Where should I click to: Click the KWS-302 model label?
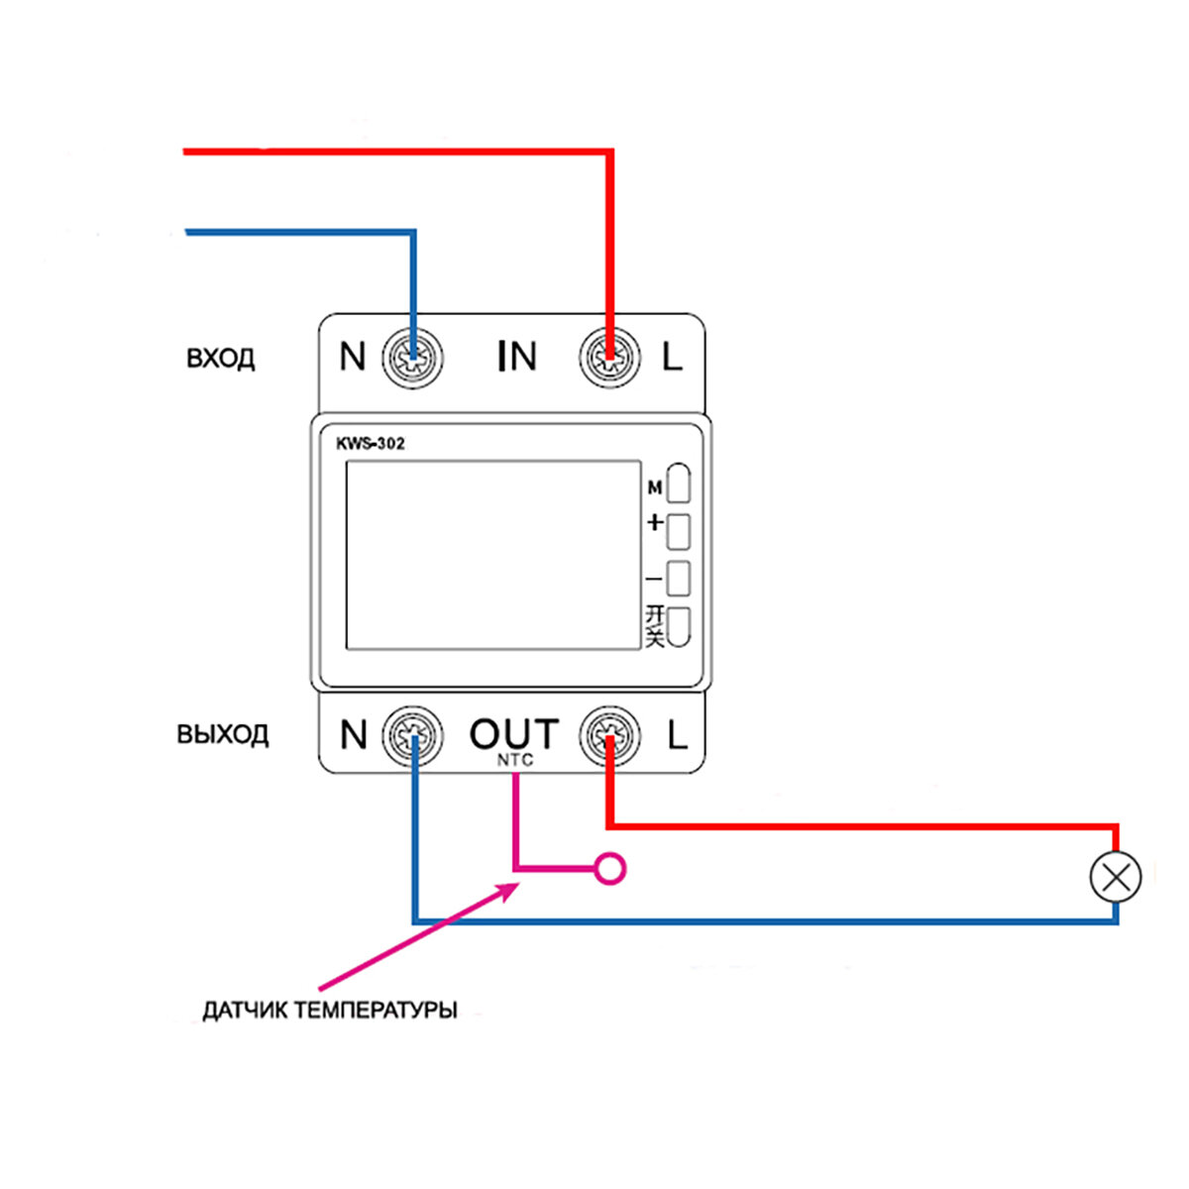coord(371,443)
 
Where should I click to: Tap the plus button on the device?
coord(679,531)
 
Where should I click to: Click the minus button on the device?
coord(679,579)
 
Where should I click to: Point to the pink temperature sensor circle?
coord(610,870)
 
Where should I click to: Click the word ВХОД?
coord(220,358)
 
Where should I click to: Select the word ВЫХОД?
coord(222,735)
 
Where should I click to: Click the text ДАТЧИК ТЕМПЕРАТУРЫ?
coord(330,1012)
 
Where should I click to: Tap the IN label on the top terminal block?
coord(516,357)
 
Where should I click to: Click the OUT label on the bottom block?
coord(513,734)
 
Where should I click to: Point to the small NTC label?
coord(515,760)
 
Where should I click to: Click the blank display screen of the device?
coord(492,555)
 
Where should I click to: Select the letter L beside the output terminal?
coord(677,735)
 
